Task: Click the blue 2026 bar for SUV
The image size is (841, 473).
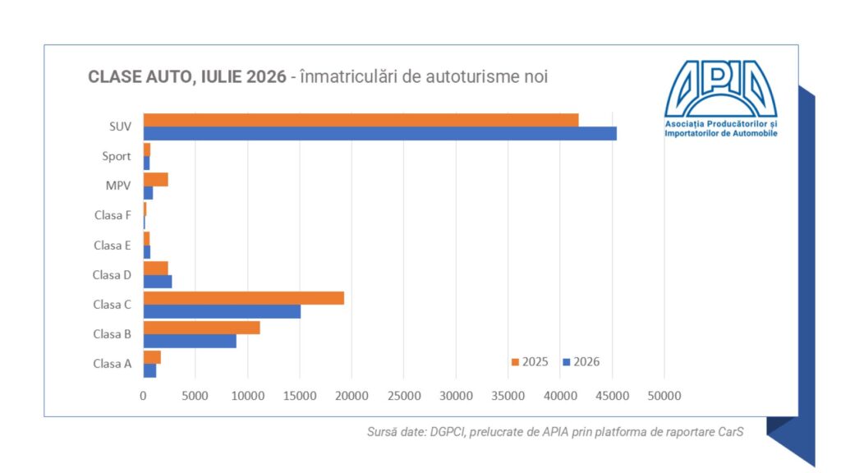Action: (x=379, y=134)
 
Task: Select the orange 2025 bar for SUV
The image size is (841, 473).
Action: (x=361, y=120)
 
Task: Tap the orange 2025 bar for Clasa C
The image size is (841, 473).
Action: (x=243, y=298)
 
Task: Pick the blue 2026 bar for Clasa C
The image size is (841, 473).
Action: (x=222, y=311)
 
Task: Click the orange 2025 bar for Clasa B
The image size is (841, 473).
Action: (x=202, y=328)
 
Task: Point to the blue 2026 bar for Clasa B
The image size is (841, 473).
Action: (x=190, y=341)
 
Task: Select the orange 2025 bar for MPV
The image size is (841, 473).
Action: (x=155, y=180)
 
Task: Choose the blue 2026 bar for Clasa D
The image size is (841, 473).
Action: (x=158, y=282)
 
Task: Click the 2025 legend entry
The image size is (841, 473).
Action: (x=530, y=362)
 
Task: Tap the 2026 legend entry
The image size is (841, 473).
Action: (x=581, y=362)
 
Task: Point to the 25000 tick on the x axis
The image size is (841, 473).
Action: (x=404, y=396)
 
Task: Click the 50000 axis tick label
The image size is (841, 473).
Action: (x=664, y=396)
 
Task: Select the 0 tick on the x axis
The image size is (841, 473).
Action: (x=143, y=396)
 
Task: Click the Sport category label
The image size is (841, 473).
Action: (x=117, y=157)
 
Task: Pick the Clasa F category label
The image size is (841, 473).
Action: (x=113, y=215)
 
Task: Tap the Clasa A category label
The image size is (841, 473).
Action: (x=112, y=364)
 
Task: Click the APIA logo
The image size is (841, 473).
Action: (x=721, y=99)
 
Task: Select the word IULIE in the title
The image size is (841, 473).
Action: (x=222, y=76)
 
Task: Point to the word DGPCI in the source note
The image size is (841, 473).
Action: (x=448, y=432)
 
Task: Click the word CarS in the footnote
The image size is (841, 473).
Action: (x=731, y=432)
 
